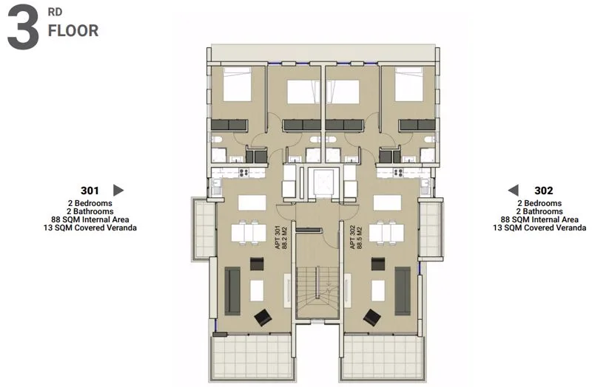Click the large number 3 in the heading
[23, 27]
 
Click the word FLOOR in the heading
[73, 31]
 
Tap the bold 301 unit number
[90, 191]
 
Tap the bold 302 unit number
[544, 191]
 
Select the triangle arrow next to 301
[118, 191]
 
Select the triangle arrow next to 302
[513, 191]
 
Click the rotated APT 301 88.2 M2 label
[281, 237]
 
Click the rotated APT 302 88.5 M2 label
[356, 237]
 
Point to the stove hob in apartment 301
[243, 173]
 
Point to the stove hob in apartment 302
[398, 173]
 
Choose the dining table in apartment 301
[249, 233]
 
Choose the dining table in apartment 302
[386, 233]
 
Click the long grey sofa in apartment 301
[232, 290]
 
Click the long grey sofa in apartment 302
[403, 290]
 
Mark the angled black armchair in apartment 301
[263, 318]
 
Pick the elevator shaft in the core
[321, 182]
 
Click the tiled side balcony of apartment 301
[204, 228]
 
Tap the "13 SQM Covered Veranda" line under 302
[539, 227]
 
